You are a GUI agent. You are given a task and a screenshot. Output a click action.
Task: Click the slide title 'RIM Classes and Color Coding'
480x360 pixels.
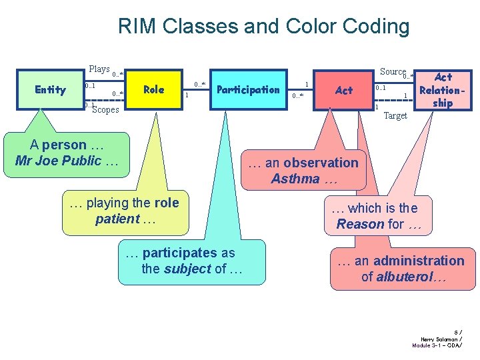click(x=263, y=27)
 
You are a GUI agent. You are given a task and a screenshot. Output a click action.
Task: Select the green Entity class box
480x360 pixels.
click(x=51, y=89)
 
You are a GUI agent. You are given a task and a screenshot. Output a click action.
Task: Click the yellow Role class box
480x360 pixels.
click(x=154, y=89)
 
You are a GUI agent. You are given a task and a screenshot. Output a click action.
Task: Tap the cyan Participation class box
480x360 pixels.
click(x=249, y=89)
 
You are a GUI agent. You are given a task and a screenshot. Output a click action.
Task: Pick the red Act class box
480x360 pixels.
click(x=344, y=90)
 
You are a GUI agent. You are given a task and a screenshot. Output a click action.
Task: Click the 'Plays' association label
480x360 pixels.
click(x=99, y=69)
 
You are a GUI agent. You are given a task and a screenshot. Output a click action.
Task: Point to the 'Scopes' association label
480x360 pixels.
click(x=105, y=110)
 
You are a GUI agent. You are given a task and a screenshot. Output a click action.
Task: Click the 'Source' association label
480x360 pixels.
click(x=393, y=71)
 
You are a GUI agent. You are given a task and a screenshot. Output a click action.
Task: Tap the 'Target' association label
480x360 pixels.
click(x=395, y=116)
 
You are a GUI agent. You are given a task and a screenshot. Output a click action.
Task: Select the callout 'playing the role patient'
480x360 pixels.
click(x=125, y=211)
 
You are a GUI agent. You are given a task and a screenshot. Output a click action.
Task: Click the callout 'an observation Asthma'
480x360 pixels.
click(x=304, y=171)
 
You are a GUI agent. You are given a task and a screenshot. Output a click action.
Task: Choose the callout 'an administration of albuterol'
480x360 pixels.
click(x=401, y=269)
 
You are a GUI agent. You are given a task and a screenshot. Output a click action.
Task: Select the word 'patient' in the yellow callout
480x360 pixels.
click(x=117, y=219)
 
